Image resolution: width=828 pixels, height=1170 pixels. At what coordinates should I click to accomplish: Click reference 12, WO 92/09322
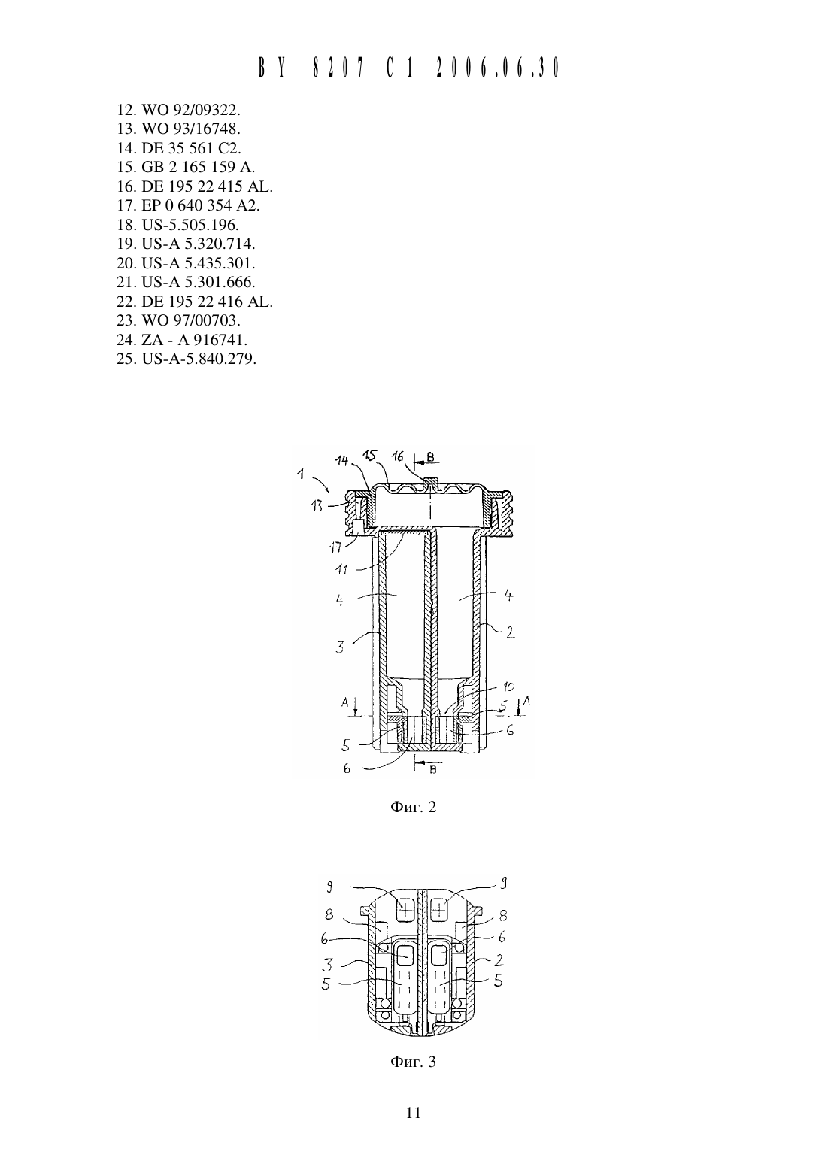click(178, 110)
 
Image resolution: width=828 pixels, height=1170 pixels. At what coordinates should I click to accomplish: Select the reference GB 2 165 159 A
click(186, 167)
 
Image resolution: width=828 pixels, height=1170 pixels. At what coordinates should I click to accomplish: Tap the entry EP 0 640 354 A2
click(188, 205)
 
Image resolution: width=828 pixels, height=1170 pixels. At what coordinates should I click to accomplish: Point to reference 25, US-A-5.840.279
click(187, 359)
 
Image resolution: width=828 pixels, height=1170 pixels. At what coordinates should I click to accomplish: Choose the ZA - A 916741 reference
click(182, 340)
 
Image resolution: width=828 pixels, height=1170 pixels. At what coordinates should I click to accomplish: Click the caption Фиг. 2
click(413, 807)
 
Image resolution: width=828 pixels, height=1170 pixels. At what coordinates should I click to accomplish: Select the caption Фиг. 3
click(413, 1062)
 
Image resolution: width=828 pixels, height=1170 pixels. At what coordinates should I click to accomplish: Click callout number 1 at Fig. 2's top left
click(301, 474)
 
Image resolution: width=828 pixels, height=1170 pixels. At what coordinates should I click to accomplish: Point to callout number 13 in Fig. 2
click(317, 506)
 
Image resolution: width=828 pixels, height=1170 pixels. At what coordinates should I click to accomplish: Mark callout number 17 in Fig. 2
click(336, 547)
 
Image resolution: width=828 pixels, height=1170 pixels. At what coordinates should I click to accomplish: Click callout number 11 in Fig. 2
click(341, 569)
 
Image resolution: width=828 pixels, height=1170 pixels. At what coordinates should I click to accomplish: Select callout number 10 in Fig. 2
click(508, 687)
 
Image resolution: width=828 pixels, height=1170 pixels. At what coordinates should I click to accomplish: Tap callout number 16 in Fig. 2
click(399, 456)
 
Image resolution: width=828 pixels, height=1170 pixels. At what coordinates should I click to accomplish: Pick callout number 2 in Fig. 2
click(511, 632)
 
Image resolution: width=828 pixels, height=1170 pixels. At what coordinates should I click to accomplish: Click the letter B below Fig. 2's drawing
click(432, 771)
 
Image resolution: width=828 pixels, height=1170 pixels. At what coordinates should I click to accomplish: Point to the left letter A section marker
click(344, 702)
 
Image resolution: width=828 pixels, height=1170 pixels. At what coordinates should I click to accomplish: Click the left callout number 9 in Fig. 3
click(329, 887)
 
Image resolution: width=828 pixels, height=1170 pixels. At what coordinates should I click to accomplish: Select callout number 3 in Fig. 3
click(327, 963)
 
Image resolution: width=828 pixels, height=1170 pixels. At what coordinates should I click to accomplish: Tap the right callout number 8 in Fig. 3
click(503, 915)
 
